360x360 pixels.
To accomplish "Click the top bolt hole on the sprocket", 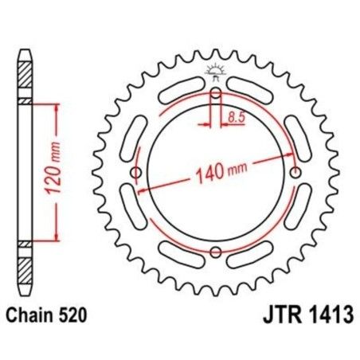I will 216,94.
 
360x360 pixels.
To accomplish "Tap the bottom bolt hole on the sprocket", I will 216,253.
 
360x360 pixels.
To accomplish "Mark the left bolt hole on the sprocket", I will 136,174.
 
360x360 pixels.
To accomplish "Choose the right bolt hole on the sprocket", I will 296,174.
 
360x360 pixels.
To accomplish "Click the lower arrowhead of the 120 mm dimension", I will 55,237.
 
